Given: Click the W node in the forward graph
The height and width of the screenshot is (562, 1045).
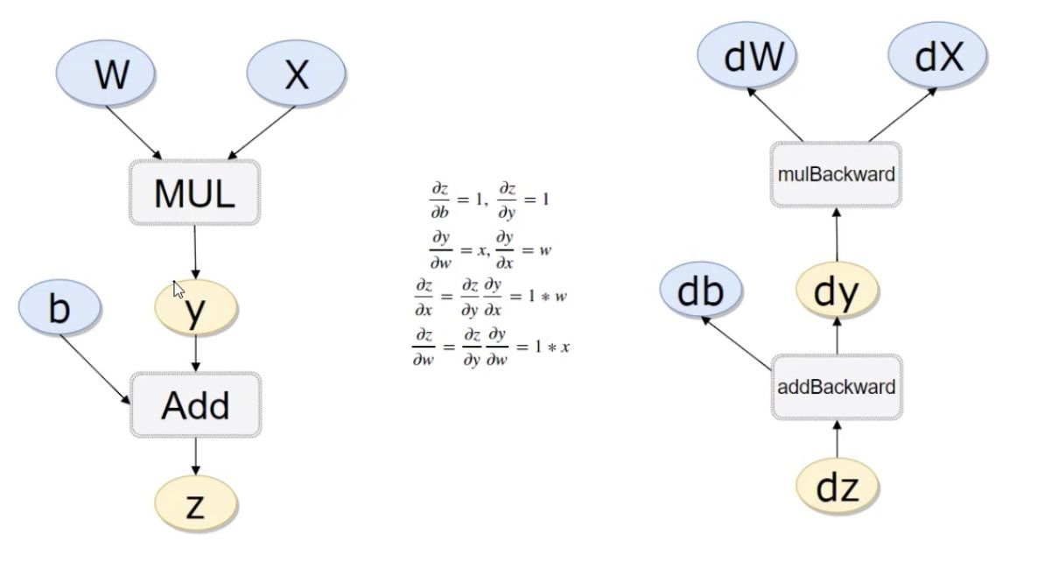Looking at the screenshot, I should (111, 76).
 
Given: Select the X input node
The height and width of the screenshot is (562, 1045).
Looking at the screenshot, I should (297, 76).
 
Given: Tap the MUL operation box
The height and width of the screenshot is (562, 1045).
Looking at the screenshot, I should (194, 193).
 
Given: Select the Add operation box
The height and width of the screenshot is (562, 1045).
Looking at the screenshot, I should (195, 405).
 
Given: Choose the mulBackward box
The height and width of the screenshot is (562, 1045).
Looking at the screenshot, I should (836, 174).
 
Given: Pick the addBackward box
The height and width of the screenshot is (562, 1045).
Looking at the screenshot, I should (837, 387).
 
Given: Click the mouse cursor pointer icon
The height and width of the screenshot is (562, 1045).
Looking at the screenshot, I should (178, 290).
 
